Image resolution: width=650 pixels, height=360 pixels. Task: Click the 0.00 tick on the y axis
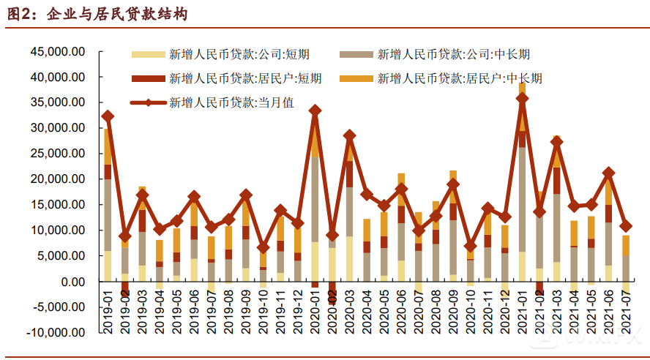72,282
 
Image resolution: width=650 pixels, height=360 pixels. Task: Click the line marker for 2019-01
108,116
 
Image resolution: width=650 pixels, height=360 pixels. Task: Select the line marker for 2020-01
315,110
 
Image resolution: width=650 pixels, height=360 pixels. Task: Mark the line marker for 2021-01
522,98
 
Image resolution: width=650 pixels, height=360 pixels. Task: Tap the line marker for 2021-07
626,226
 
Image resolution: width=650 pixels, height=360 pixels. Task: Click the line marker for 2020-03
350,135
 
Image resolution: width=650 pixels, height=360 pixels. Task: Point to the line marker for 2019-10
264,248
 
